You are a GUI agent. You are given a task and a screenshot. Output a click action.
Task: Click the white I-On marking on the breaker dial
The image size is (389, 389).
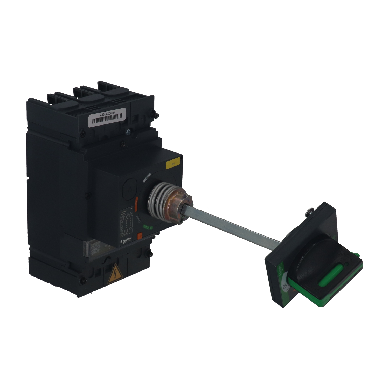(x=147, y=177)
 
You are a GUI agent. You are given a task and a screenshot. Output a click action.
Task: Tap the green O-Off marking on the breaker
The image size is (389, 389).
(x=147, y=228)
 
